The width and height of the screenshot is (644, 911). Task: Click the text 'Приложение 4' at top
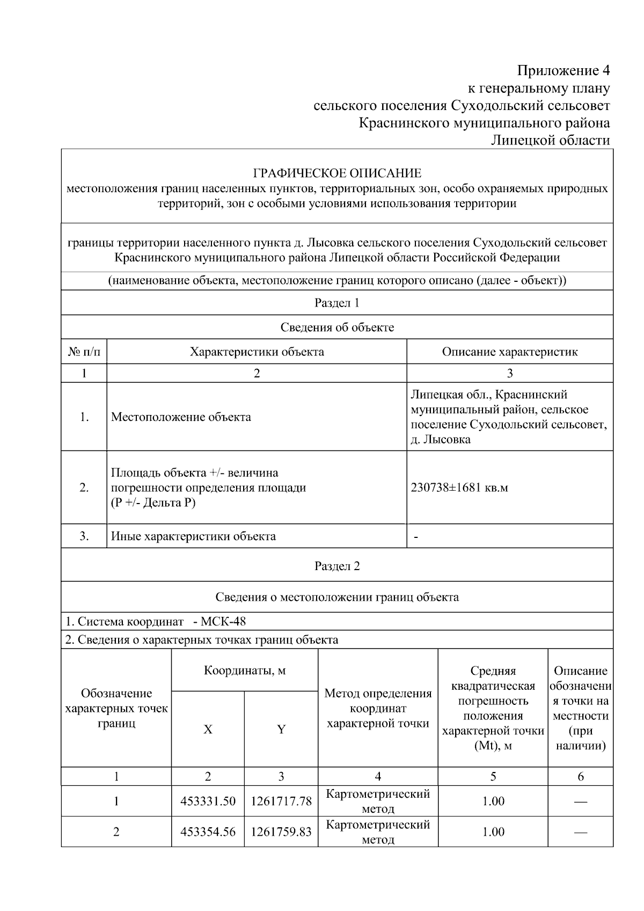pyautogui.click(x=563, y=70)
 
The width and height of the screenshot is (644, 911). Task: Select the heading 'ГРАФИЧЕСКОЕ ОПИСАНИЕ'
pyautogui.click(x=337, y=173)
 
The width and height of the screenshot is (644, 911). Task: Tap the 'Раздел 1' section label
pyautogui.click(x=337, y=303)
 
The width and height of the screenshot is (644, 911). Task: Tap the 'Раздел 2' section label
pyautogui.click(x=337, y=566)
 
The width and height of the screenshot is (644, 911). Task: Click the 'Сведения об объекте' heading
pyautogui.click(x=337, y=327)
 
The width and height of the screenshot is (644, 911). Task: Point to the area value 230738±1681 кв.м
pyautogui.click(x=459, y=487)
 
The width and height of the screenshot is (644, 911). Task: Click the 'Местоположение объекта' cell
pyautogui.click(x=181, y=417)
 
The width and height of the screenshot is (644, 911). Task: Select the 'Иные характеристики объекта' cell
pyautogui.click(x=193, y=536)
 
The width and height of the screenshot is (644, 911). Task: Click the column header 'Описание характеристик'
pyautogui.click(x=510, y=352)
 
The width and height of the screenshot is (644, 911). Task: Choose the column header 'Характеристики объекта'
pyautogui.click(x=257, y=352)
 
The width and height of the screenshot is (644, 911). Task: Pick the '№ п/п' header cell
pyautogui.click(x=84, y=352)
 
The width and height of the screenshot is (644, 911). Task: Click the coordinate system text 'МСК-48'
pyautogui.click(x=223, y=622)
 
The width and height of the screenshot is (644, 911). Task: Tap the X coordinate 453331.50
pyautogui.click(x=208, y=801)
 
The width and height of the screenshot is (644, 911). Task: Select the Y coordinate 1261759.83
pyautogui.click(x=281, y=832)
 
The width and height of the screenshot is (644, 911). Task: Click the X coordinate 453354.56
pyautogui.click(x=208, y=832)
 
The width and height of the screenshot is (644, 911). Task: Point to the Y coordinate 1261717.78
pyautogui.click(x=281, y=801)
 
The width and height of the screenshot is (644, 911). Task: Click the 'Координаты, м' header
pyautogui.click(x=245, y=671)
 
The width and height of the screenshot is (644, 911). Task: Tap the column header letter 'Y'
pyautogui.click(x=281, y=730)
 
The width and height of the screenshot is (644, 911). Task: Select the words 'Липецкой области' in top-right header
pyautogui.click(x=551, y=140)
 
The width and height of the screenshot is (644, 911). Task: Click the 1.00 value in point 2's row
pyautogui.click(x=493, y=832)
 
